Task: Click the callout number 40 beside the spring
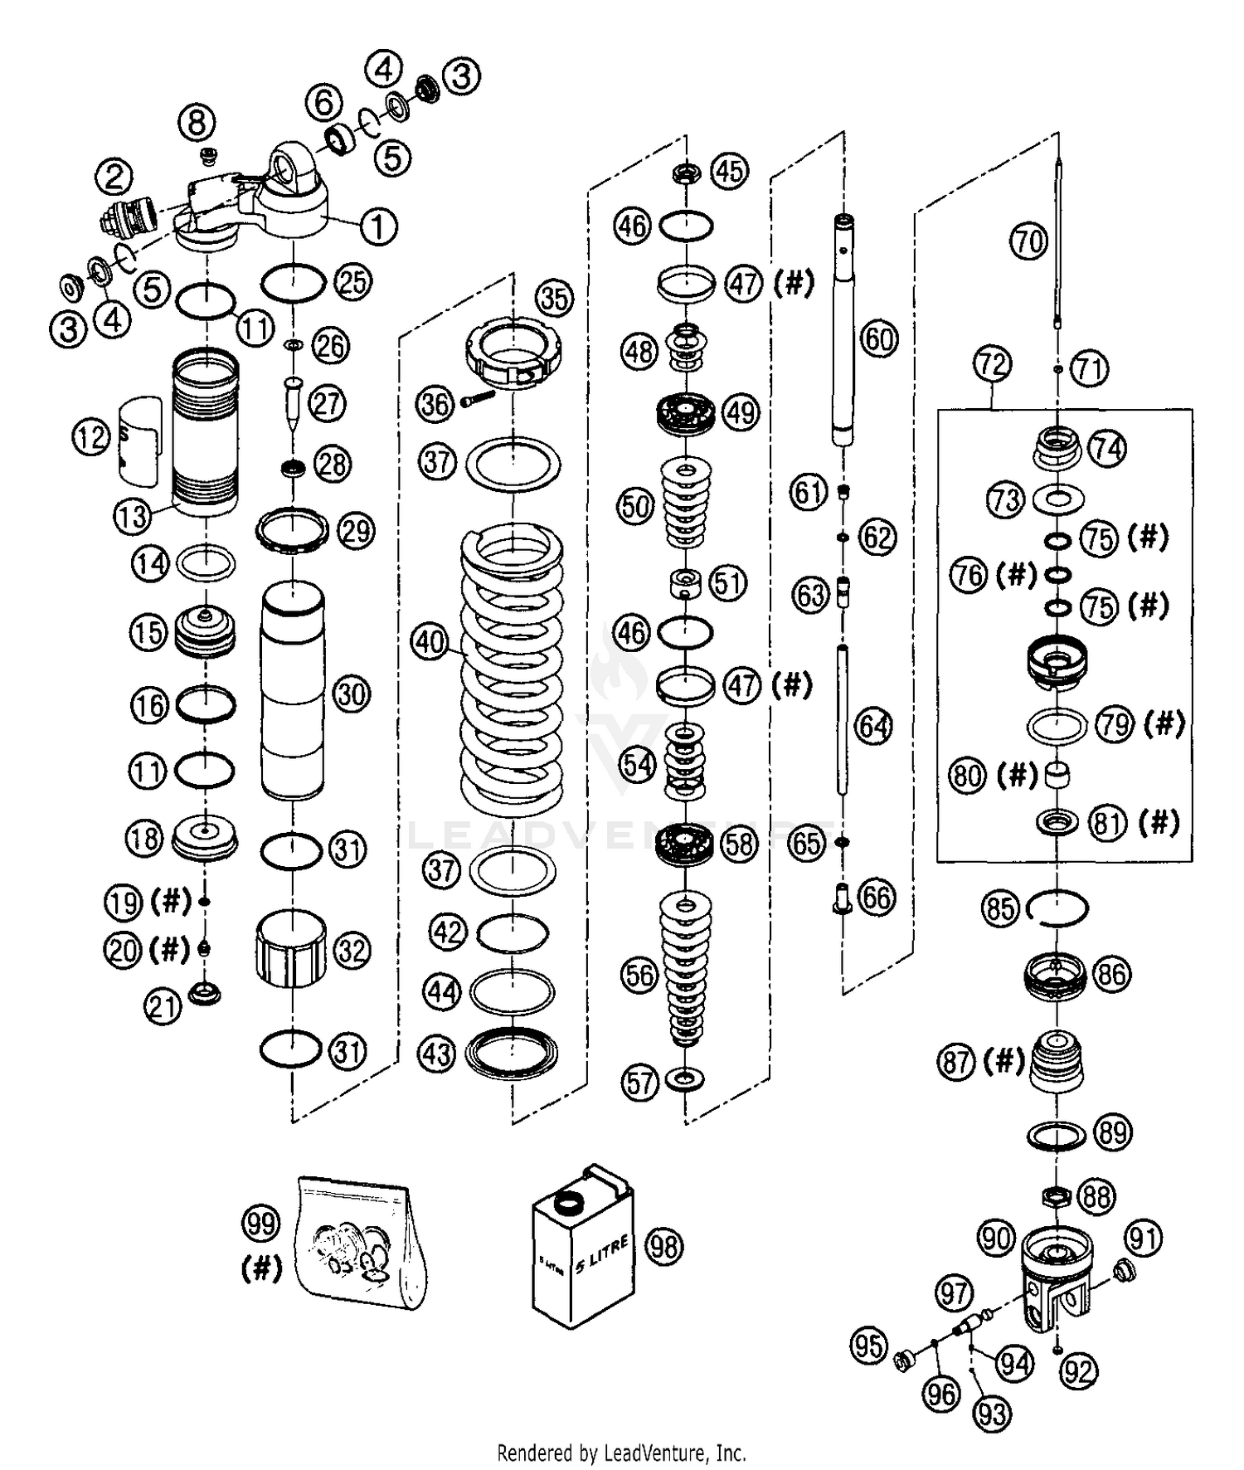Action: (430, 642)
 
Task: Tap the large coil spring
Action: (512, 672)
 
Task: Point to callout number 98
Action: (664, 1246)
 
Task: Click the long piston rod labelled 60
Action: (843, 332)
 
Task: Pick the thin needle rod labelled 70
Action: (1059, 249)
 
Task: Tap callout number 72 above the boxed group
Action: (992, 364)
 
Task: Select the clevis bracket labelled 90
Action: (1055, 1278)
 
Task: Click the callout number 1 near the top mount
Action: (378, 226)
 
